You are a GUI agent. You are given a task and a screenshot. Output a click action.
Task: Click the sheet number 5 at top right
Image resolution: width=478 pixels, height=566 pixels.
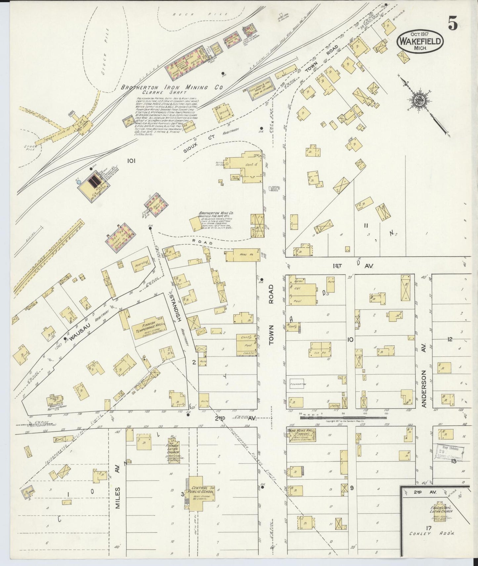point(453,23)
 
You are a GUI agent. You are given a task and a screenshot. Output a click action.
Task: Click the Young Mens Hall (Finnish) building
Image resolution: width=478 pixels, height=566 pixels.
point(301,434)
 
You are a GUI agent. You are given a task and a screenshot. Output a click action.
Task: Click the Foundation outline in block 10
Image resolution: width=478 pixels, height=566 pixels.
point(297,384)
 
